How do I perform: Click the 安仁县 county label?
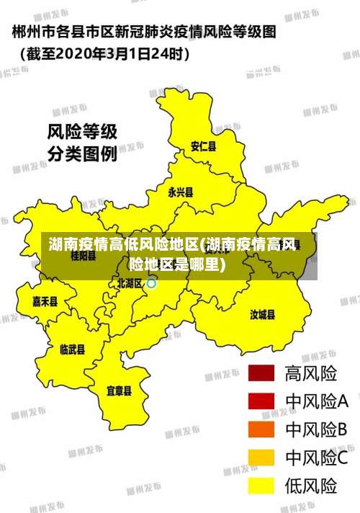coord(203,146)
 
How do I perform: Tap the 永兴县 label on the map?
coord(180,192)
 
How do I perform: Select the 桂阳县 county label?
coord(84,256)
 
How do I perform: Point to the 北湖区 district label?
coord(130,283)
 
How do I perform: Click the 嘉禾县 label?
coord(45,301)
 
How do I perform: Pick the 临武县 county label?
coord(72,349)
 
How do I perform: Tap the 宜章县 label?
coord(119,391)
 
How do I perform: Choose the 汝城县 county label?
coord(262,314)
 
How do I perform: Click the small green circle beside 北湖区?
coord(151,283)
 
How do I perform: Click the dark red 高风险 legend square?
coord(262,374)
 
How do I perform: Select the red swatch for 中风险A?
coord(262,401)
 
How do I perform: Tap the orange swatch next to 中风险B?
coord(262,429)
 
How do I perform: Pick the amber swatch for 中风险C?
coord(262,458)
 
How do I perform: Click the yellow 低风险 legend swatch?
coord(262,486)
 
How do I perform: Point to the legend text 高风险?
coord(311,374)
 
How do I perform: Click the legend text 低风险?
coord(311,486)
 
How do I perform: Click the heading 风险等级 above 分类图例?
coord(81,133)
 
